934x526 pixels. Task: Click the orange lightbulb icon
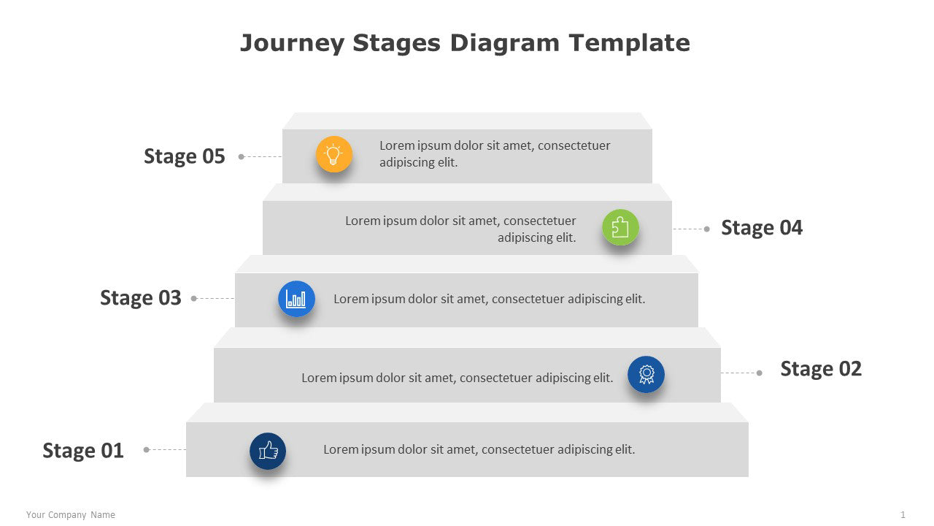(333, 154)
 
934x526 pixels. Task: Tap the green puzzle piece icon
(620, 227)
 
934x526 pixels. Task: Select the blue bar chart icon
(296, 299)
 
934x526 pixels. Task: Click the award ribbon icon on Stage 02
(646, 374)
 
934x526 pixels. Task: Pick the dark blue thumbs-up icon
(268, 451)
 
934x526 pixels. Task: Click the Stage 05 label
(184, 156)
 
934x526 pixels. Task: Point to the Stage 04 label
(761, 228)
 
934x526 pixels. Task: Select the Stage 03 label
(140, 298)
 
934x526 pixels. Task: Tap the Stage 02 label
(820, 369)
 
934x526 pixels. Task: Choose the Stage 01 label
(83, 451)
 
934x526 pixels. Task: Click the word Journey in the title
(292, 43)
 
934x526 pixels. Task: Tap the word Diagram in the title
(505, 43)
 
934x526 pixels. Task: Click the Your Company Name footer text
(71, 515)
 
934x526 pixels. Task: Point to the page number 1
(903, 515)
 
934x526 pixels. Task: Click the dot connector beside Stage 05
(242, 156)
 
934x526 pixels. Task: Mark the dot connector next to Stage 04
(706, 229)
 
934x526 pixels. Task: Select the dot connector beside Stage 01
(146, 450)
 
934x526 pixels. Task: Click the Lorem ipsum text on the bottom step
(479, 449)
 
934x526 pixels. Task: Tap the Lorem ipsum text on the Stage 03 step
(489, 299)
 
